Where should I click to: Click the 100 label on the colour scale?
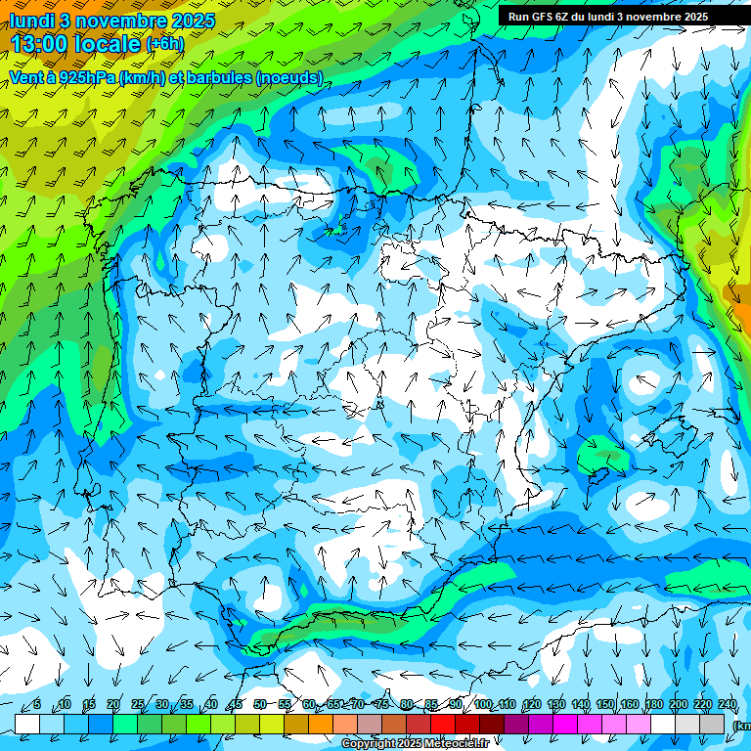click(483, 704)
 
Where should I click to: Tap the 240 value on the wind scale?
click(727, 704)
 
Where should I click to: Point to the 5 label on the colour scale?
click(37, 704)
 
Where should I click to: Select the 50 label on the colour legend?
click(259, 704)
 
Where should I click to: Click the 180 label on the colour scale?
click(654, 704)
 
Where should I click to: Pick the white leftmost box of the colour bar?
click(27, 723)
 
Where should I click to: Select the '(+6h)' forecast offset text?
click(164, 44)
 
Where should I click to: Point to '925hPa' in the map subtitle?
click(83, 77)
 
